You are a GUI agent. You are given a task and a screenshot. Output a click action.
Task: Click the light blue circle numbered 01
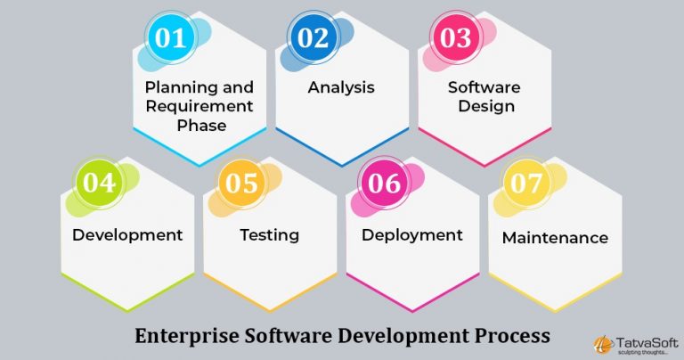[x=171, y=37]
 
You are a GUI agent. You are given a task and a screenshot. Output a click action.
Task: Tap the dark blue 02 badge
[x=313, y=37]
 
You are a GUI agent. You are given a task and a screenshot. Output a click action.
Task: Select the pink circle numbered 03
[x=455, y=37]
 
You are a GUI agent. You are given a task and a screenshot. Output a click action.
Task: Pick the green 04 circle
[x=99, y=183]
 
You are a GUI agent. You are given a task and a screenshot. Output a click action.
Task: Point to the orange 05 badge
[x=241, y=183]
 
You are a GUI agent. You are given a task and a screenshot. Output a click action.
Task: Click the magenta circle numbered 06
[x=384, y=183]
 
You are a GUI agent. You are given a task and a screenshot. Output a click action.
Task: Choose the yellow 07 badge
[x=526, y=183]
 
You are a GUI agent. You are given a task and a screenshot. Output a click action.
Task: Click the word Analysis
[x=341, y=87]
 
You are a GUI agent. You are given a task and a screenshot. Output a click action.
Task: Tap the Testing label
[x=270, y=235]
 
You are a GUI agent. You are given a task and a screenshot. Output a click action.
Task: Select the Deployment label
[x=412, y=235]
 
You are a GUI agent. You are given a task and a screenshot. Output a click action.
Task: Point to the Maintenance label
[x=555, y=238]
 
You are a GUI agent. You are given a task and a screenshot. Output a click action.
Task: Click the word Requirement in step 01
[x=199, y=106]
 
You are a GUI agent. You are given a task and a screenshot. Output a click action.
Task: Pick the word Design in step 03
[x=486, y=106]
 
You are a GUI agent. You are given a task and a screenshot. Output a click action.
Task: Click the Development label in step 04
[x=127, y=235]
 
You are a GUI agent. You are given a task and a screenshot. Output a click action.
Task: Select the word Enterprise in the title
[x=187, y=336]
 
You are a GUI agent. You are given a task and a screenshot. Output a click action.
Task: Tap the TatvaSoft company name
[x=647, y=343]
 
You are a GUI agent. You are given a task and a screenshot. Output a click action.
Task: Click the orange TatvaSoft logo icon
[x=603, y=345]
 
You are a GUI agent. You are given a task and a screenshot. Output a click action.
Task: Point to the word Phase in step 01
[x=201, y=126]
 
